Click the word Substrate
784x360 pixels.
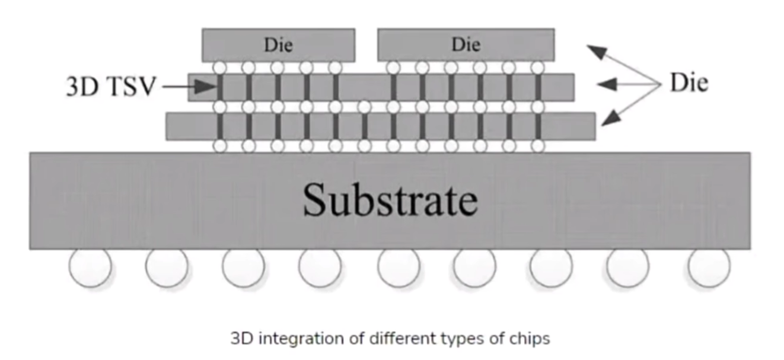tap(390, 200)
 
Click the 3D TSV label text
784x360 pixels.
tap(111, 87)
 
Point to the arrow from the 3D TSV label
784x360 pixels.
tap(189, 87)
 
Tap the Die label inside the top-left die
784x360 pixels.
tap(278, 44)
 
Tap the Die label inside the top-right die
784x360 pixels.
tap(466, 44)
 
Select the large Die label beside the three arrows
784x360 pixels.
tap(689, 83)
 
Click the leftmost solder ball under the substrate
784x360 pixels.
tap(90, 267)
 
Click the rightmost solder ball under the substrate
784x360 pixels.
tap(709, 267)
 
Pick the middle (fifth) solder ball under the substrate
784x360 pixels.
tap(399, 267)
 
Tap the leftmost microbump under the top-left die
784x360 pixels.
tap(220, 67)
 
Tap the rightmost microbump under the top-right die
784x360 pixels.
tap(538, 67)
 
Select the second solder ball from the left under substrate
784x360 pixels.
tap(167, 267)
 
